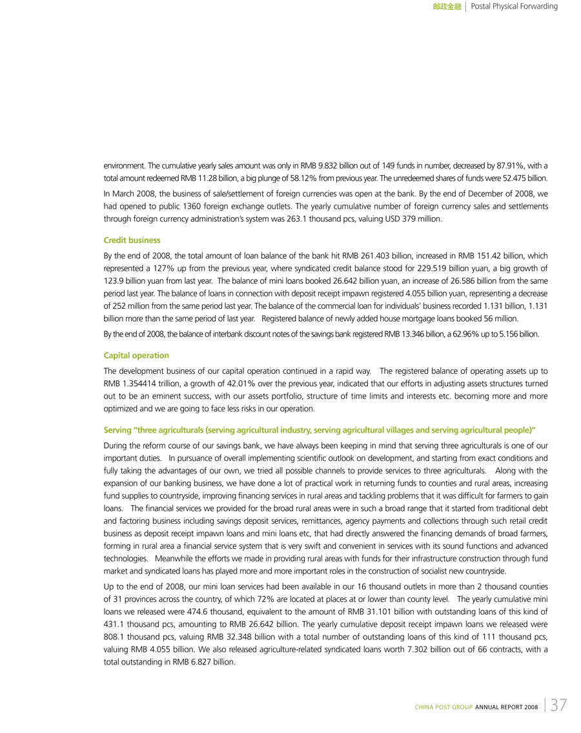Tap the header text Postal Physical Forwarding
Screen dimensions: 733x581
click(515, 6)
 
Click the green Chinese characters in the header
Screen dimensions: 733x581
click(447, 6)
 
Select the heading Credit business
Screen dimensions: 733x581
click(132, 240)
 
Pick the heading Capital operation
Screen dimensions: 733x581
click(136, 355)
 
